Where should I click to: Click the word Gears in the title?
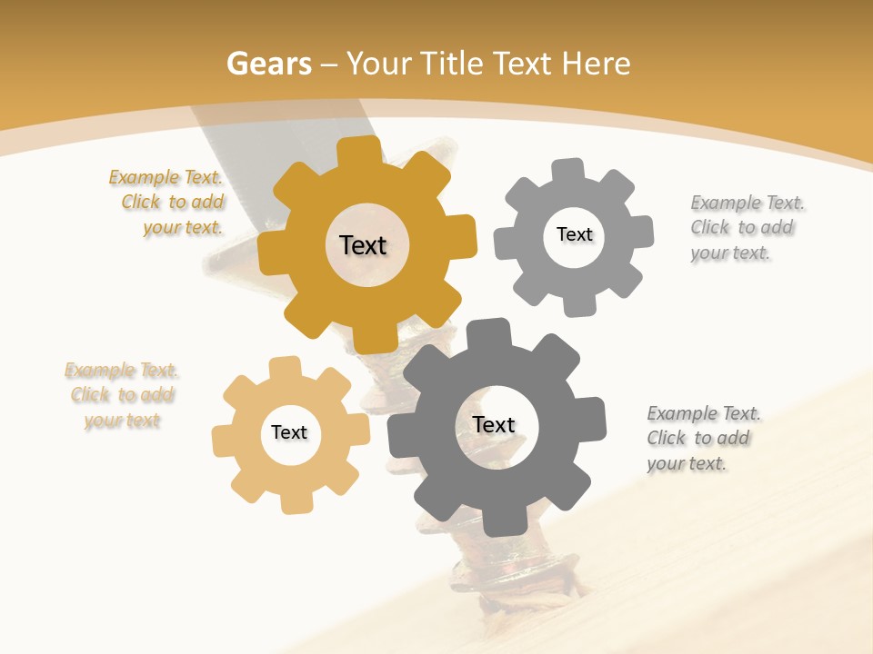[269, 64]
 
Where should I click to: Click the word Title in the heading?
[454, 64]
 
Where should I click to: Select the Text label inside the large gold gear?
[363, 245]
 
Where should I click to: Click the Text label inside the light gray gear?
[574, 234]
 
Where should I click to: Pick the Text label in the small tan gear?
[289, 433]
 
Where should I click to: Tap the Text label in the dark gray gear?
[494, 425]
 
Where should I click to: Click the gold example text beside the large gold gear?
[167, 203]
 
